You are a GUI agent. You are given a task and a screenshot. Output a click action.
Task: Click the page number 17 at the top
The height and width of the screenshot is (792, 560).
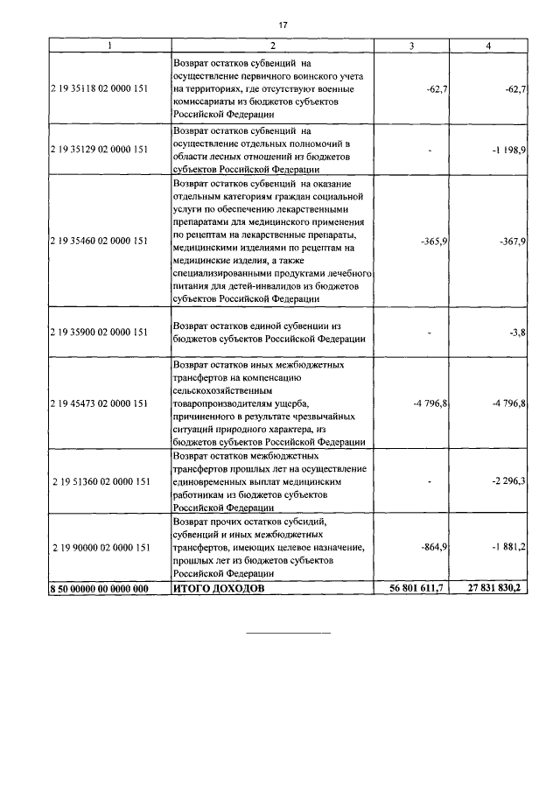[x=280, y=25]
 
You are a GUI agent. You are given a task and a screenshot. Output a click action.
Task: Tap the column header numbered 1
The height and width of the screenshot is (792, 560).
[x=108, y=45]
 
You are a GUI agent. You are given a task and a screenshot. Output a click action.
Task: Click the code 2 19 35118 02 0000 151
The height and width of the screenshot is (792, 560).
[x=98, y=89]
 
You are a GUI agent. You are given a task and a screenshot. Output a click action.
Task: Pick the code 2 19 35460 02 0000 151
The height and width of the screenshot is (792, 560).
[x=98, y=241]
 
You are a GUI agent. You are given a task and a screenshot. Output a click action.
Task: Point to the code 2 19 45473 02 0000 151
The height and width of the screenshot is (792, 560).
[x=98, y=403]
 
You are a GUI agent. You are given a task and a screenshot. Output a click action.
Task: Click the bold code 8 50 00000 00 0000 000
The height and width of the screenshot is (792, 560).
[x=98, y=590]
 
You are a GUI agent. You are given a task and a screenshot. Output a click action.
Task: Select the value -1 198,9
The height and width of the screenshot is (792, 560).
[x=508, y=150]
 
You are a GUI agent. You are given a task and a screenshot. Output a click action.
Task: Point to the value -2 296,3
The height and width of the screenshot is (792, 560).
[x=508, y=481]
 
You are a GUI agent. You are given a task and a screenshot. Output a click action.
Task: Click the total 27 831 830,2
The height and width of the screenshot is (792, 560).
[x=493, y=590]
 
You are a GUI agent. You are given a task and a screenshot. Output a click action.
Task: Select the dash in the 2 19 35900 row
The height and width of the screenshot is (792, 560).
[x=430, y=333]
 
